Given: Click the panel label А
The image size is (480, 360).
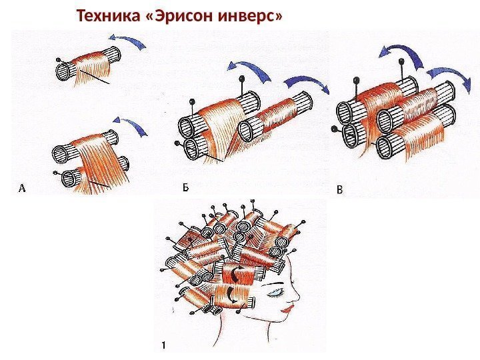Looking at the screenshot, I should pyautogui.click(x=21, y=189).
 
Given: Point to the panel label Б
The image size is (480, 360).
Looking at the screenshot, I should pyautogui.click(x=186, y=189).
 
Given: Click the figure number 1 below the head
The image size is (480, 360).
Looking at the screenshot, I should pyautogui.click(x=162, y=345).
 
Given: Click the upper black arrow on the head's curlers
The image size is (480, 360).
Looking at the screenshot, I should pyautogui.click(x=234, y=273).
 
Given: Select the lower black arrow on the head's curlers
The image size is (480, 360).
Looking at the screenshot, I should pyautogui.click(x=231, y=293).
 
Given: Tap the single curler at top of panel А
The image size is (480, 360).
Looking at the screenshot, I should pyautogui.click(x=87, y=66).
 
